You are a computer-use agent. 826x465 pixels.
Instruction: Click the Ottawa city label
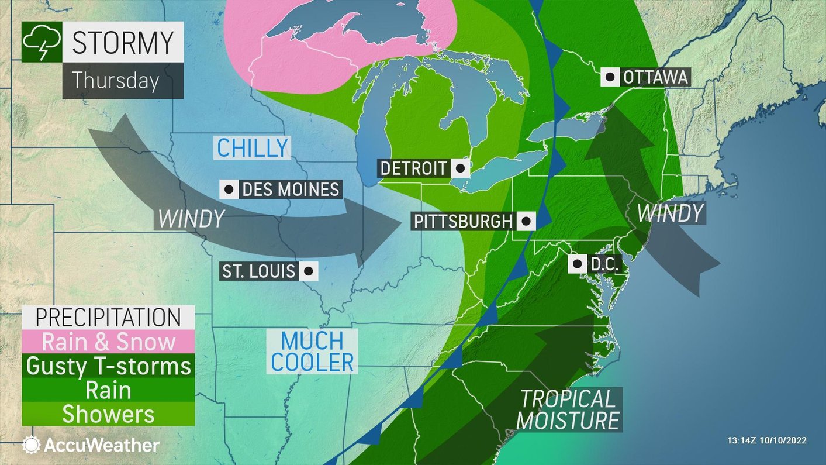coord(655,77)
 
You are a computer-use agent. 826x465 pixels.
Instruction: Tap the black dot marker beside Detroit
coord(461,168)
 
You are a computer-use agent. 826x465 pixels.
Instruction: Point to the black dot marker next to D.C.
coord(578,264)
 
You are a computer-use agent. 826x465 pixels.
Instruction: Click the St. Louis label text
coord(260,271)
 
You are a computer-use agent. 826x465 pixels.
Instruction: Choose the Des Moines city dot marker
coord(229,190)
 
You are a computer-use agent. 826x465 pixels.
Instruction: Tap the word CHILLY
coord(253,148)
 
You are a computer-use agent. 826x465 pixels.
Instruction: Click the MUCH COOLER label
coord(312,351)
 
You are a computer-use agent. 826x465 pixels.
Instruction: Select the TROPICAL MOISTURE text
coord(568,409)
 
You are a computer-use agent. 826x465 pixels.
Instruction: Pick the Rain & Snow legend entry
coord(109,342)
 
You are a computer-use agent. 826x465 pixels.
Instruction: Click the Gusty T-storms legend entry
coord(109,366)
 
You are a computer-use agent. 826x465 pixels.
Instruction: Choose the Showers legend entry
coord(109,414)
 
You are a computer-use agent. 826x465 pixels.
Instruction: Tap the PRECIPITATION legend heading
coord(109,317)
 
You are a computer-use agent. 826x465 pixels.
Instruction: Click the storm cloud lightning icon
coord(41,42)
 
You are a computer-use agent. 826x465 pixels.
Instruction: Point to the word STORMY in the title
coord(123,42)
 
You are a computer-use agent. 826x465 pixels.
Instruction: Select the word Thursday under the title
coord(116,80)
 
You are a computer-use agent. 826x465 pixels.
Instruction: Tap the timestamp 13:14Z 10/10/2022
coord(766,440)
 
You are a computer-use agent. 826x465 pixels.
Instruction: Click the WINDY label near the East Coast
coord(669,213)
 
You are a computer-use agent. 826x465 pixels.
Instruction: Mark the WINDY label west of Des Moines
coord(191,219)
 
